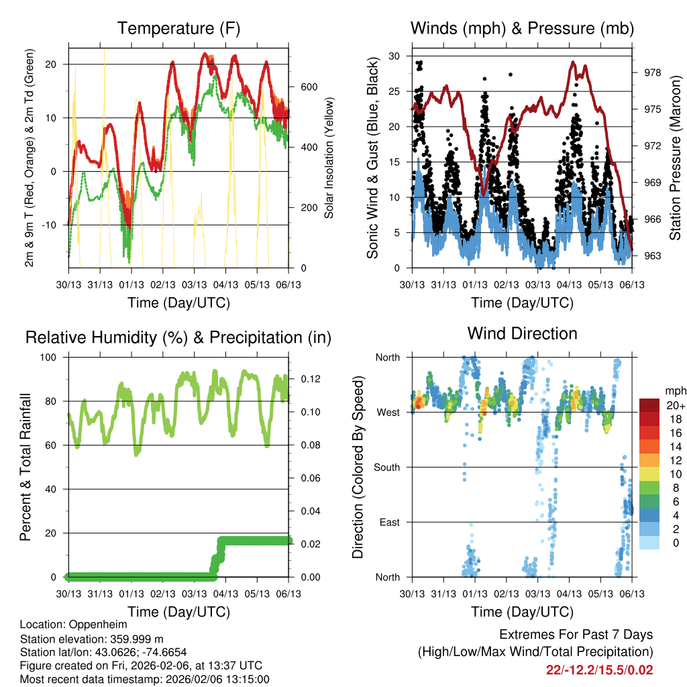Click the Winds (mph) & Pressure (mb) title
(522, 28)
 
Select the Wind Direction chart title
(522, 333)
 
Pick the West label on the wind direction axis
(388, 412)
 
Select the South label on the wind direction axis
(386, 467)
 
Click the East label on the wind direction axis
(388, 522)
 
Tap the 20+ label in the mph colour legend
(675, 405)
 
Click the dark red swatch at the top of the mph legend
(649, 405)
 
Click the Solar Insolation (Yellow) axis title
(329, 158)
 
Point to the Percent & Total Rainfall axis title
(25, 467)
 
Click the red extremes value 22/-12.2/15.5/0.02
(600, 670)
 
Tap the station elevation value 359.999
(134, 638)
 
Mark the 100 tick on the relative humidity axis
(53, 357)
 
